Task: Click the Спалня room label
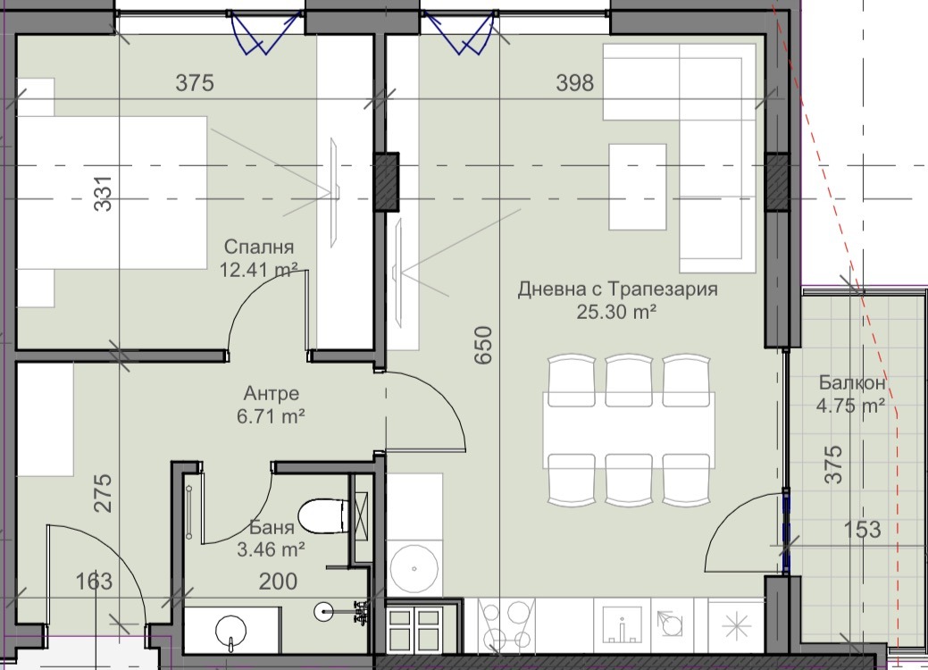click(259, 247)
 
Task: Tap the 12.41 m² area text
click(259, 270)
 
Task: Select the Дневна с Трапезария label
click(617, 289)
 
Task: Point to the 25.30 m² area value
click(616, 311)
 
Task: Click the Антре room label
click(271, 394)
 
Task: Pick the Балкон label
click(852, 383)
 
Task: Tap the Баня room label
click(272, 527)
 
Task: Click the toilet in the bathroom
click(323, 515)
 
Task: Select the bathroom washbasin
click(231, 629)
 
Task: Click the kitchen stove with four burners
click(506, 625)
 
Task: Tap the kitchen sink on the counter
click(622, 625)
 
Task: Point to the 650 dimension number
click(483, 345)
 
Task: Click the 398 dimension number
click(574, 83)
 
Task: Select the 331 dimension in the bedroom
click(103, 194)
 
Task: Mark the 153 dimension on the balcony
click(862, 529)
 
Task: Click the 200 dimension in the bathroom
click(278, 582)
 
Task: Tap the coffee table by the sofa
click(638, 187)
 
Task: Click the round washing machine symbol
click(414, 568)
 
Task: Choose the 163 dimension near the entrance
click(94, 582)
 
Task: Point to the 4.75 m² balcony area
click(850, 406)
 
